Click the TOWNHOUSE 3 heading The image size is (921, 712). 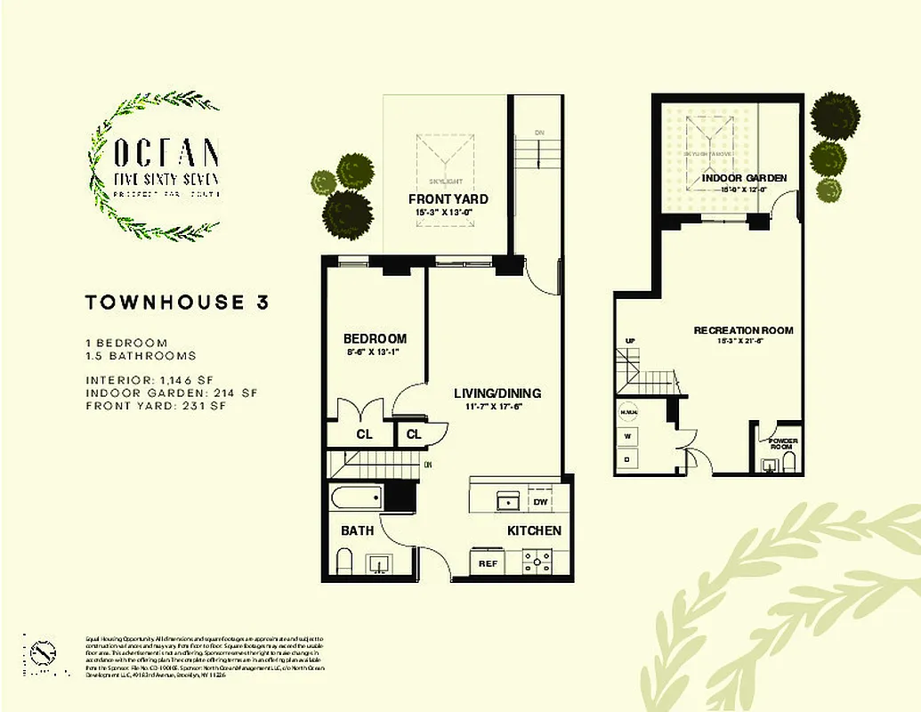click(x=176, y=302)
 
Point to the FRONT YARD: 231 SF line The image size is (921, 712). click(x=157, y=406)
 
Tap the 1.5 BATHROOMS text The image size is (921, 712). click(x=141, y=355)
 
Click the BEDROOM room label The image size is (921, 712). click(x=375, y=338)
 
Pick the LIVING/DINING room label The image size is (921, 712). click(x=497, y=393)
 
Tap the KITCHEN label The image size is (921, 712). click(x=534, y=530)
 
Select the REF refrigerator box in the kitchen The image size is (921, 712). click(x=487, y=563)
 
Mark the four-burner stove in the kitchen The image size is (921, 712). click(x=537, y=562)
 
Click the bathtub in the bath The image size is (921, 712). click(x=356, y=498)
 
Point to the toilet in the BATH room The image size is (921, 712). click(x=344, y=561)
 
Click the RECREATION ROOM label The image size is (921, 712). click(x=743, y=330)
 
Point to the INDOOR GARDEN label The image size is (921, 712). click(x=744, y=178)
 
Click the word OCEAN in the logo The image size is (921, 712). click(x=166, y=153)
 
